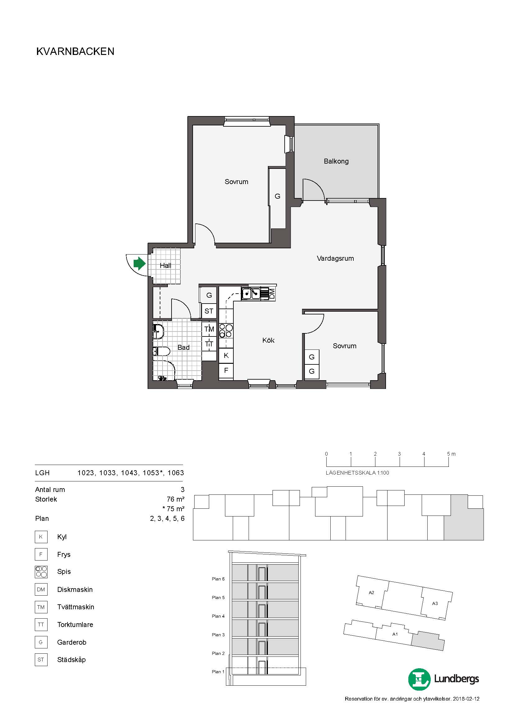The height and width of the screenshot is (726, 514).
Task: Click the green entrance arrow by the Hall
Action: point(140,264)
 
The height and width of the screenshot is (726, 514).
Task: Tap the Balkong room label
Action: point(336,161)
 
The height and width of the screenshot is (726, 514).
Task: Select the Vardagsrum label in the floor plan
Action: point(335,258)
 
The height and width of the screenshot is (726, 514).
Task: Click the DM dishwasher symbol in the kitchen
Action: point(272,294)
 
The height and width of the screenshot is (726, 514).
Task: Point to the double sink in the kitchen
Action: point(251,294)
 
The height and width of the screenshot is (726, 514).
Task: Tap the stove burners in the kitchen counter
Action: point(226,331)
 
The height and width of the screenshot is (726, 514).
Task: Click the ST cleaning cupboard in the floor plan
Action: point(209,311)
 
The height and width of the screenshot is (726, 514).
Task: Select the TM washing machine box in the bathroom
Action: point(209,329)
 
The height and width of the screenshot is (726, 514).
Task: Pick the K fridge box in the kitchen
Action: point(226,355)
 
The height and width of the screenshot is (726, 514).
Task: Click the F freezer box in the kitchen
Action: point(226,370)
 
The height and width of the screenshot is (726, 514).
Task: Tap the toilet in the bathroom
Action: point(161,351)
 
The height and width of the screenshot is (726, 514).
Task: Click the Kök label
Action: point(268,340)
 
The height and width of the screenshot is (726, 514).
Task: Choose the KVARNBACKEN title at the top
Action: point(75,52)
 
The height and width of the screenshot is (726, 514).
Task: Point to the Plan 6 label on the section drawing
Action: point(218,579)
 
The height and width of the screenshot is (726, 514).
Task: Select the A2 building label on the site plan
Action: point(371,593)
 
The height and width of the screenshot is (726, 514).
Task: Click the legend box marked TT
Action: point(41,625)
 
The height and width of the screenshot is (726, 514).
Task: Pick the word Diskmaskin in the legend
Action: point(75,589)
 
